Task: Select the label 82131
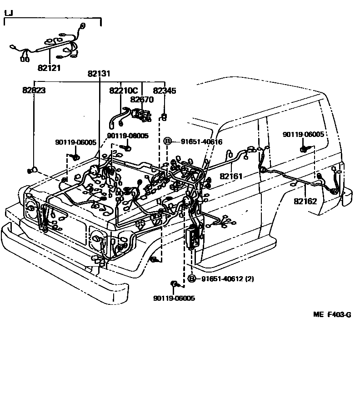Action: (99, 73)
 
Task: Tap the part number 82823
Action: (34, 91)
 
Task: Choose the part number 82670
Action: (142, 99)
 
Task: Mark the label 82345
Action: (165, 91)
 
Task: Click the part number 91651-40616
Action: (201, 141)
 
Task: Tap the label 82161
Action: (232, 176)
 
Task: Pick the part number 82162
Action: (305, 201)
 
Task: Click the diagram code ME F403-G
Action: (332, 314)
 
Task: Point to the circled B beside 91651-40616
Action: (167, 141)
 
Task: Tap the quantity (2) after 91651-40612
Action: (249, 278)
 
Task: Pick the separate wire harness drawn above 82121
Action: (50, 45)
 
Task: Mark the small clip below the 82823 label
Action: (32, 171)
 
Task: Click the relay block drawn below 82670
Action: (142, 113)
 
